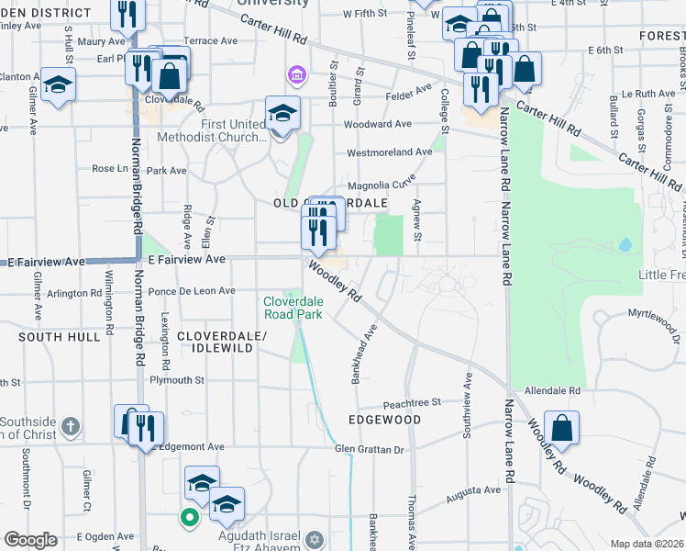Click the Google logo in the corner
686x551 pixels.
coord(30,540)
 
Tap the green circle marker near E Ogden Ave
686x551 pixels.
coord(190,518)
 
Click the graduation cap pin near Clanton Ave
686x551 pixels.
coord(59,85)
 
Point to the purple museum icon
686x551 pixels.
coord(296,73)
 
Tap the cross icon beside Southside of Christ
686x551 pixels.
coord(72,427)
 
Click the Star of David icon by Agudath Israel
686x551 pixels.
coord(315,538)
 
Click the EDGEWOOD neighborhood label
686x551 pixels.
coord(384,420)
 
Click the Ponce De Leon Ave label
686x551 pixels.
coord(192,291)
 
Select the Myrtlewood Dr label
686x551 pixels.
coord(656,315)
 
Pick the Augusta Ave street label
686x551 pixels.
coord(473,490)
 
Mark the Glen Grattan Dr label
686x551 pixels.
coord(370,449)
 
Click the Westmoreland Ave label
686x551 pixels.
coord(389,152)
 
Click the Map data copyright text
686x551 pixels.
coord(646,544)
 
